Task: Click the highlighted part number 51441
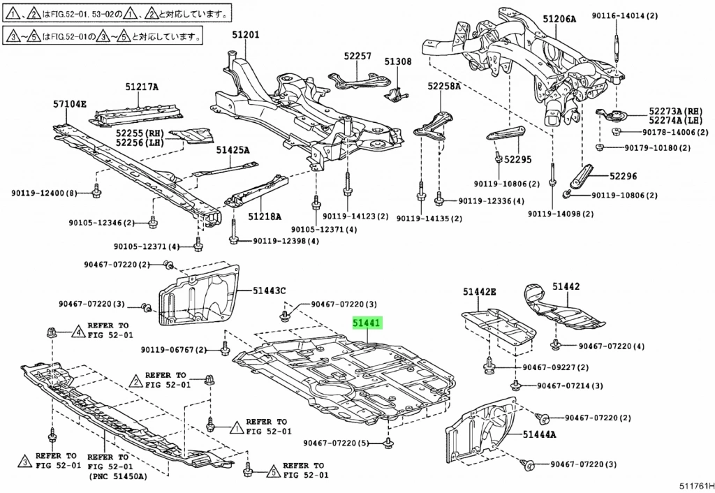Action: coord(367,323)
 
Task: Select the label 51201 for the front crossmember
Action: coord(245,34)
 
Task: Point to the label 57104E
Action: coord(70,105)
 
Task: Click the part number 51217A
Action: coord(142,87)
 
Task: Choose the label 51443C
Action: coord(269,290)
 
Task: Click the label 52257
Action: coord(357,55)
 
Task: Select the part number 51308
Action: coord(398,61)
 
